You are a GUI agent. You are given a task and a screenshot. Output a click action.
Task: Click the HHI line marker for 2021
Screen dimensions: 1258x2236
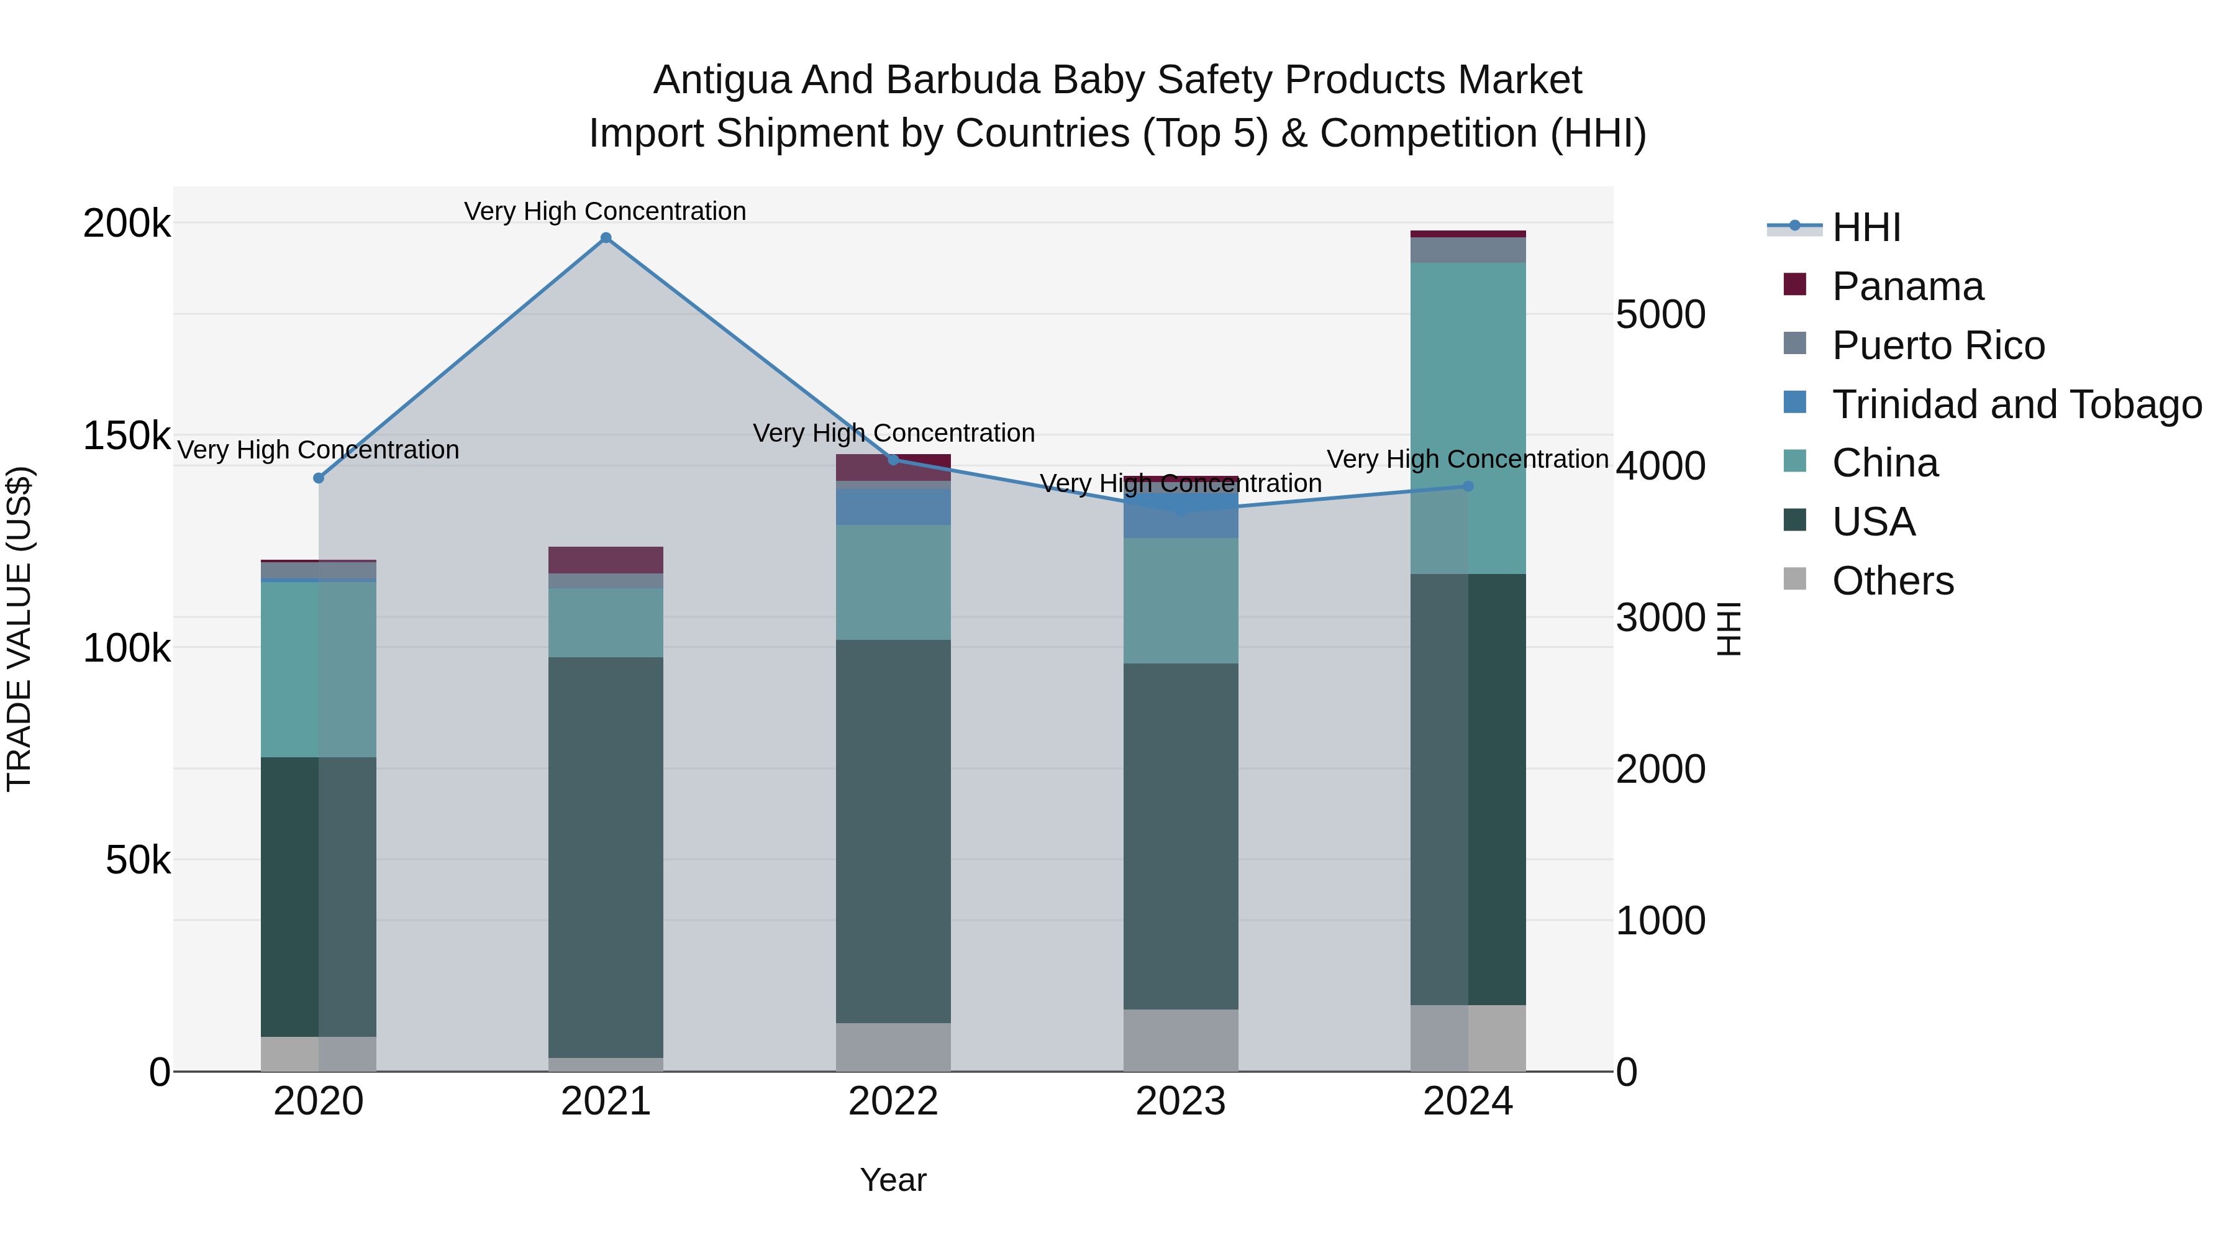[x=606, y=238]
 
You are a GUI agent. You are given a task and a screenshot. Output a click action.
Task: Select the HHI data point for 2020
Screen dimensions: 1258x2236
[x=319, y=478]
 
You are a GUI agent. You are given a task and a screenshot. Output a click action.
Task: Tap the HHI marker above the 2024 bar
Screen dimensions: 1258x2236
[x=1468, y=486]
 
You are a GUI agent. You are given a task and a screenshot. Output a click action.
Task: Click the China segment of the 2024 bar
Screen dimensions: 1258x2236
[x=1468, y=417]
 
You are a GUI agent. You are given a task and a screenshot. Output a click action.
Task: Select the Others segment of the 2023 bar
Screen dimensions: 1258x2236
[x=1181, y=1039]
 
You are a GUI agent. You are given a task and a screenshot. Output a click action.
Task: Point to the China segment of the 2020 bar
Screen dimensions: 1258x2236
[x=319, y=668]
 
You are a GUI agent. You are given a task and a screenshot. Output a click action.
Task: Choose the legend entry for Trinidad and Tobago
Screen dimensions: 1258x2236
[x=2016, y=404]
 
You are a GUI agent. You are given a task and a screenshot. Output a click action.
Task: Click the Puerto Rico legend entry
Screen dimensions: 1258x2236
[x=1938, y=345]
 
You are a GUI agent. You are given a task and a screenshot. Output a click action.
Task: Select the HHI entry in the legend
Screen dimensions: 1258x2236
[x=1866, y=227]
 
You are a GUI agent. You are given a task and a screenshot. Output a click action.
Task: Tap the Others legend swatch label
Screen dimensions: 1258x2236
[x=1893, y=581]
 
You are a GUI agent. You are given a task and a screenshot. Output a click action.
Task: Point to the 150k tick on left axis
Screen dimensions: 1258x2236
[x=126, y=436]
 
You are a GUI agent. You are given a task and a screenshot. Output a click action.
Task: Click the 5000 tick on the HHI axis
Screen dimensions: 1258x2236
[x=1660, y=314]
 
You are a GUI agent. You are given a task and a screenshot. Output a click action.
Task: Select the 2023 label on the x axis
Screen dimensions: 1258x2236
[x=1181, y=1101]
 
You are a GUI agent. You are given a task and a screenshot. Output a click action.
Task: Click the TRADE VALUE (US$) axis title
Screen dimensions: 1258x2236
[x=19, y=629]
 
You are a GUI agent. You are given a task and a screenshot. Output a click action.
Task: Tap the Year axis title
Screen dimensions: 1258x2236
[x=893, y=1180]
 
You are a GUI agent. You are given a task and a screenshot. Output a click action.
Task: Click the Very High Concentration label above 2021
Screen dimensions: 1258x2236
[x=605, y=211]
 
